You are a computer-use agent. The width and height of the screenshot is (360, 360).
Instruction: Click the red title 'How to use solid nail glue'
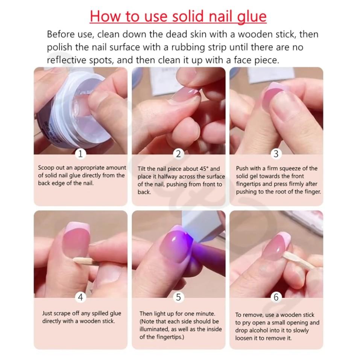[x=178, y=17]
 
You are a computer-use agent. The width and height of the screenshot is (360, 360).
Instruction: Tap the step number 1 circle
[x=81, y=153]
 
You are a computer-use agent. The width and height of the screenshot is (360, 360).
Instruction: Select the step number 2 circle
[x=178, y=153]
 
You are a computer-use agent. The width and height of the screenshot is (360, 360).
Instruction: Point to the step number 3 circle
[x=276, y=153]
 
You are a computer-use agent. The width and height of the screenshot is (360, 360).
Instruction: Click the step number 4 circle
[x=81, y=297]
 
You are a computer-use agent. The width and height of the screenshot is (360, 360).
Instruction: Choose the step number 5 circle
[x=178, y=297]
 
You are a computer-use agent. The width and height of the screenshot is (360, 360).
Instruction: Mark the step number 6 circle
[x=276, y=297]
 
